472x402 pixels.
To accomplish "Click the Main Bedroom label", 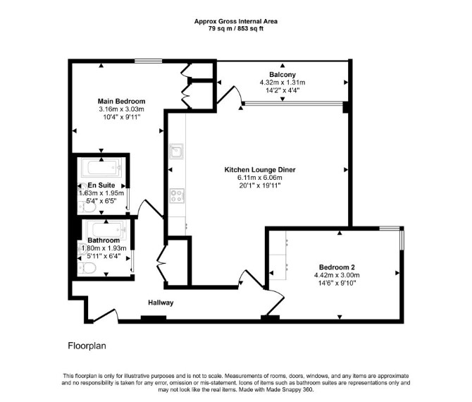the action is (x=121, y=102).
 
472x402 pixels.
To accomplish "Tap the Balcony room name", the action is (x=282, y=75).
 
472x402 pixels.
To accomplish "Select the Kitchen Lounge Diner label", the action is (x=260, y=170).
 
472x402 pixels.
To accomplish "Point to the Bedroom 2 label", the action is (x=337, y=267).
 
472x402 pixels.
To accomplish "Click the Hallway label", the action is (x=161, y=303).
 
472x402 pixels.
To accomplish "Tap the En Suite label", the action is (x=101, y=185).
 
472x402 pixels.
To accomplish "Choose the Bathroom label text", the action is (x=104, y=240).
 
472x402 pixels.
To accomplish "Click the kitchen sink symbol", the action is (x=176, y=151).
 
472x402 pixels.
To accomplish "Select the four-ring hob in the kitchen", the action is (x=177, y=195).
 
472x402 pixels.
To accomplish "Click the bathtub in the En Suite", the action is (x=101, y=168).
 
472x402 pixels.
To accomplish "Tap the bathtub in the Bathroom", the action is (x=106, y=229).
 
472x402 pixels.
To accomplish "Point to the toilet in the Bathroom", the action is (x=87, y=267).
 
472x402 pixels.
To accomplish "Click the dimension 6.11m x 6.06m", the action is (x=260, y=178).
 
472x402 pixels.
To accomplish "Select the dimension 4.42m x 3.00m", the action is (x=337, y=275).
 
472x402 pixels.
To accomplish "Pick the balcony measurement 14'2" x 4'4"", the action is (x=282, y=90).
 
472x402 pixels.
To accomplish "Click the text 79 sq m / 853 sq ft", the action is (x=236, y=29).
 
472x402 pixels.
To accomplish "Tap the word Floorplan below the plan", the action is (x=87, y=346).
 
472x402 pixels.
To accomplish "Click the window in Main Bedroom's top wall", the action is (x=149, y=61).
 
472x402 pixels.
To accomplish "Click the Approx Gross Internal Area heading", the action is (x=236, y=21).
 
